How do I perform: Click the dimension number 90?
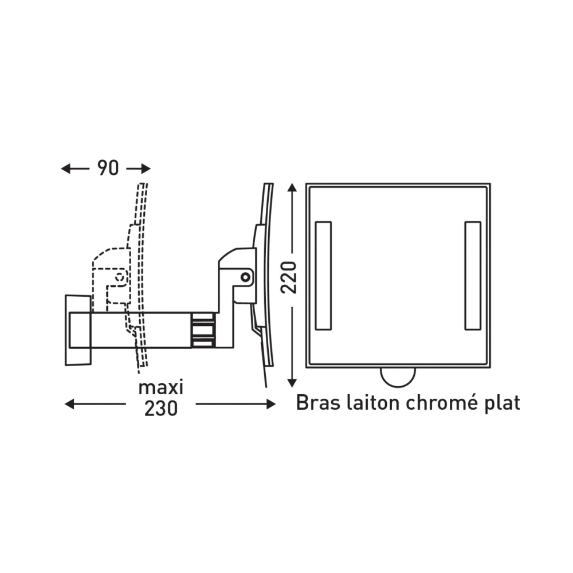[x=108, y=168]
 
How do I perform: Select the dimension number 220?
[x=289, y=277]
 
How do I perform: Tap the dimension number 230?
[x=161, y=409]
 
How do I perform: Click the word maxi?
[x=161, y=387]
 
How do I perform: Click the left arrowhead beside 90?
[x=66, y=168]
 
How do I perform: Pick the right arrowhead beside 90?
[x=146, y=168]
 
